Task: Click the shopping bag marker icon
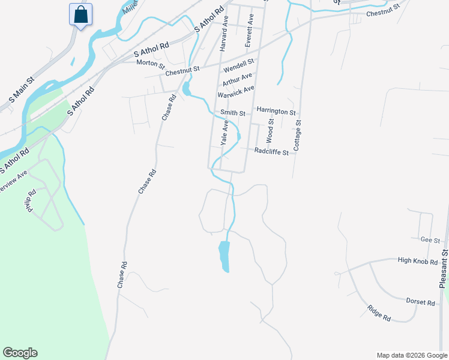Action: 80,14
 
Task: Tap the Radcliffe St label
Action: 271,152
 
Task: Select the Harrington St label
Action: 276,112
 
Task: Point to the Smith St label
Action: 233,113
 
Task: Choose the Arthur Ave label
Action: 237,79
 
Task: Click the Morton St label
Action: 150,63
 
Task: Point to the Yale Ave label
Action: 224,133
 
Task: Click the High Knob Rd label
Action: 419,260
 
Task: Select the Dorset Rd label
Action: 420,302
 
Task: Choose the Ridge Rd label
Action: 379,313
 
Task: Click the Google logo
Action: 20,353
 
